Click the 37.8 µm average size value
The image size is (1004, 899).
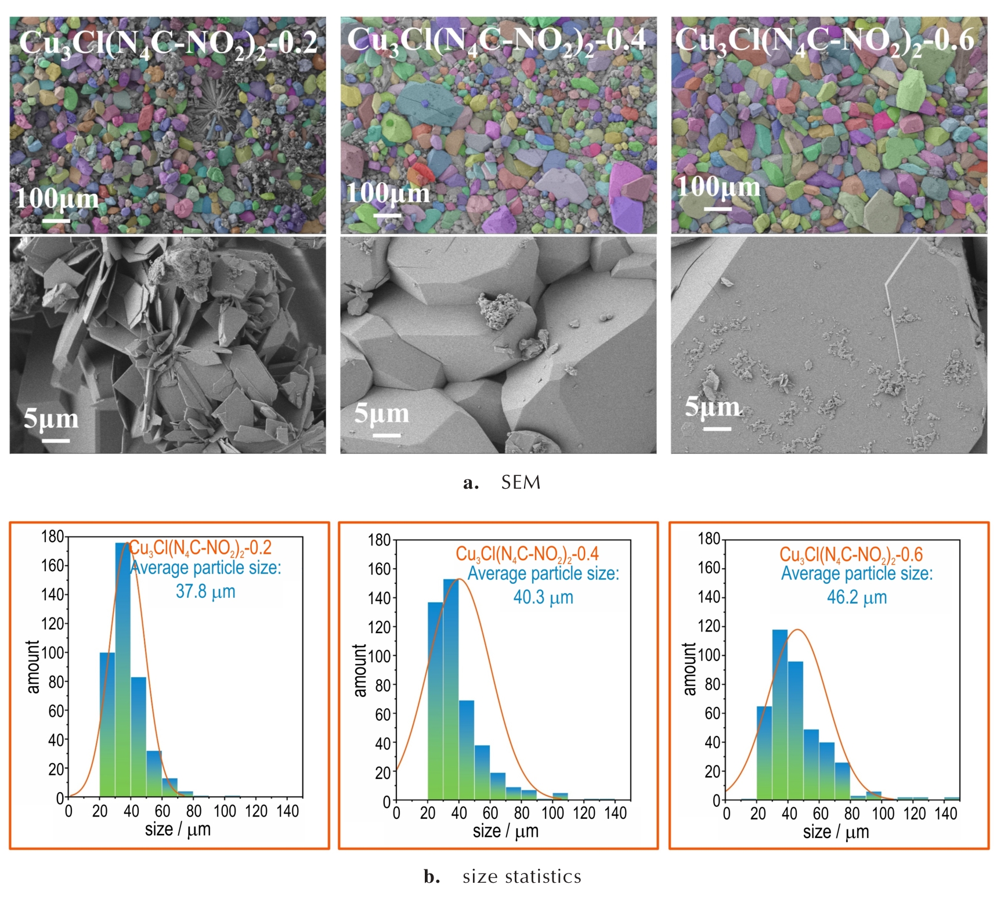coord(205,591)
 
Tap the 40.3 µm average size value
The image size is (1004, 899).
coord(543,597)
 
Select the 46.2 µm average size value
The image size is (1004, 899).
coord(857,597)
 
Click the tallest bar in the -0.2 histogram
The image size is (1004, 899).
coord(122,667)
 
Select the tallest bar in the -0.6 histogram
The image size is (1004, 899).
coord(780,714)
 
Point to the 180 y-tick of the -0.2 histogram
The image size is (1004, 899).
coord(52,536)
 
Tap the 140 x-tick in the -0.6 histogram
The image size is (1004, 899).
coord(945,813)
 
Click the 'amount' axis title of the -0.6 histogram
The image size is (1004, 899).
coord(689,669)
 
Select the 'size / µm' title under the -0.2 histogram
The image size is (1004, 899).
coord(178,829)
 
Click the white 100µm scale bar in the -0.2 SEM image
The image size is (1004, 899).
coord(56,221)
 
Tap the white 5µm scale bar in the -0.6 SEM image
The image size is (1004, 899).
coord(717,429)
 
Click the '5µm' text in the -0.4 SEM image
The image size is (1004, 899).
coord(381,414)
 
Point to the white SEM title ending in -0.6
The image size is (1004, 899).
coord(824,41)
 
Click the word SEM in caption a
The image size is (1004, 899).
coord(521,482)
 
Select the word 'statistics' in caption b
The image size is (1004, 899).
coord(543,876)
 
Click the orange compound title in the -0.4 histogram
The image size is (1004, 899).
coord(527,554)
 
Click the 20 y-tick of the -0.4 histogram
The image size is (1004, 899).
coord(383,772)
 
